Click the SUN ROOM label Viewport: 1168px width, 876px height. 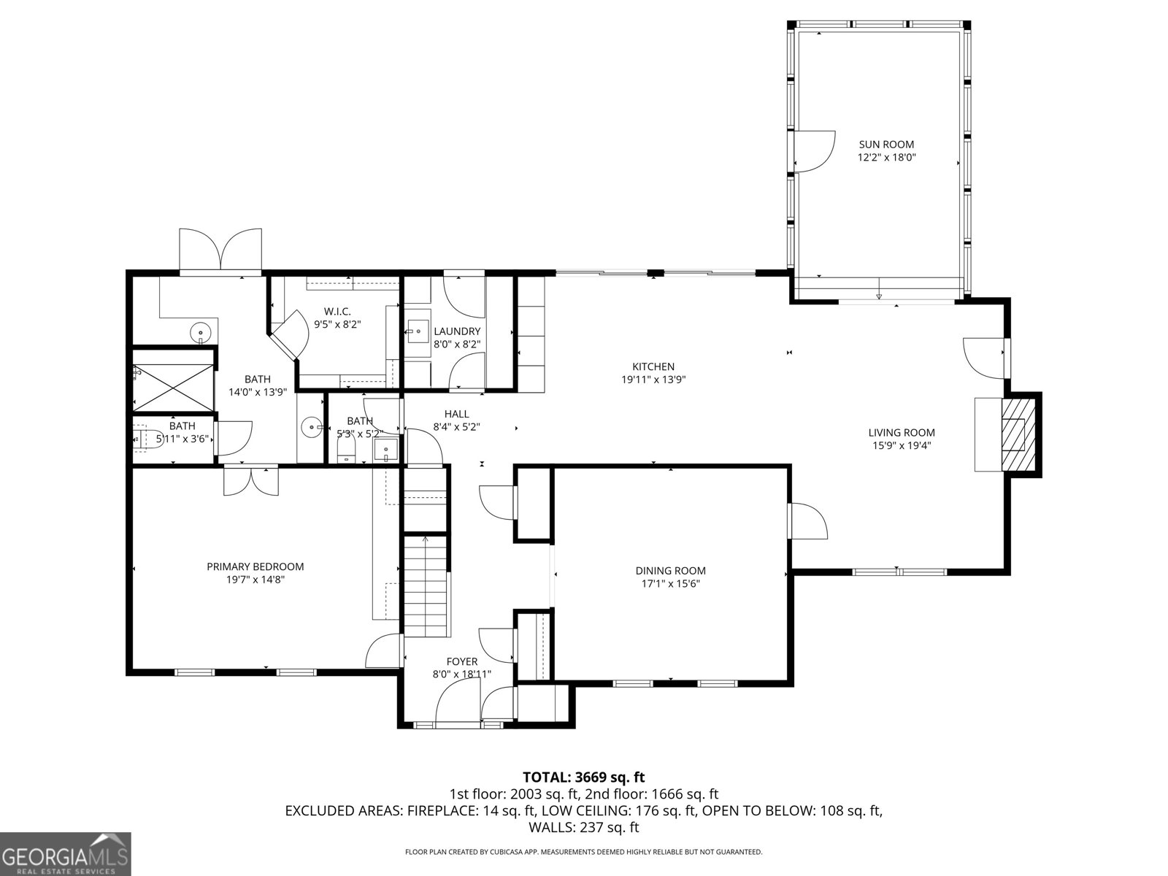click(886, 145)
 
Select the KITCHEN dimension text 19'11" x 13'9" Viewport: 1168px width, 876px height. click(653, 380)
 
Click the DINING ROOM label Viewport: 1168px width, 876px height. click(670, 571)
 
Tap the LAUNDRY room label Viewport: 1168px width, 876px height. click(457, 331)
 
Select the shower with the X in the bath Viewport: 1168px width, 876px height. click(174, 387)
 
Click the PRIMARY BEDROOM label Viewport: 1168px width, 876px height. click(255, 566)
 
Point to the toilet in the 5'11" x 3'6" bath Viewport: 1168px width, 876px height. click(146, 439)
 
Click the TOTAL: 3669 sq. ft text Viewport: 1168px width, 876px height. click(583, 777)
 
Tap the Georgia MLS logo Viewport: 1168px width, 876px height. click(65, 854)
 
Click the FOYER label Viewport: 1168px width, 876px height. click(462, 662)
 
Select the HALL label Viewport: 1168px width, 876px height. click(456, 414)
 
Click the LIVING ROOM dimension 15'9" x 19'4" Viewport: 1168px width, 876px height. click(902, 445)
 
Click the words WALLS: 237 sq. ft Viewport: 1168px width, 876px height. click(583, 827)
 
